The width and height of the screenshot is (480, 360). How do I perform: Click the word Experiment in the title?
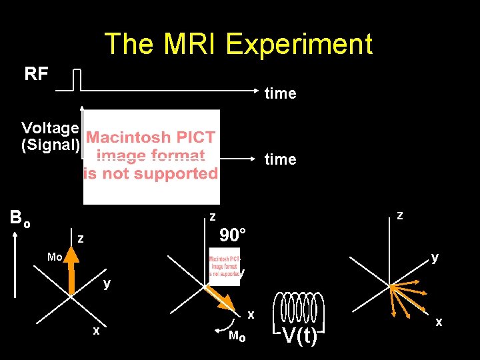[x=299, y=45]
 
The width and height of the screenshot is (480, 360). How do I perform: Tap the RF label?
[x=37, y=74]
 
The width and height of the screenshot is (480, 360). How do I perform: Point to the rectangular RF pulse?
[x=77, y=79]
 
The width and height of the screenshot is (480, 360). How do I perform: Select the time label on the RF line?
[x=280, y=93]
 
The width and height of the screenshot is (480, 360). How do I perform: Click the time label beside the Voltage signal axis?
[x=280, y=159]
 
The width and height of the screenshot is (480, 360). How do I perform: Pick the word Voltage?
[x=51, y=127]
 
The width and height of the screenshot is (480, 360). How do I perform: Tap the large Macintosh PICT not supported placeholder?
[x=151, y=157]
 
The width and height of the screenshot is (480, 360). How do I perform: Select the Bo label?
[x=19, y=219]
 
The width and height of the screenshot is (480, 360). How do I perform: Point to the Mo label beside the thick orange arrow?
[x=55, y=257]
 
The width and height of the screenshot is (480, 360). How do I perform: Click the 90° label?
[x=233, y=235]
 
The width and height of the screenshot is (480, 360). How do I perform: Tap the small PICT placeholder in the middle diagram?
[x=224, y=266]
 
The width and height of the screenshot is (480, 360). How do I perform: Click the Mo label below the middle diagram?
[x=237, y=337]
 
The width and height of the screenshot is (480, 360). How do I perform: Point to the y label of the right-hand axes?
[x=435, y=257]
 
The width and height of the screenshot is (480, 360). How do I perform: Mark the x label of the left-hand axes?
[x=97, y=331]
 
